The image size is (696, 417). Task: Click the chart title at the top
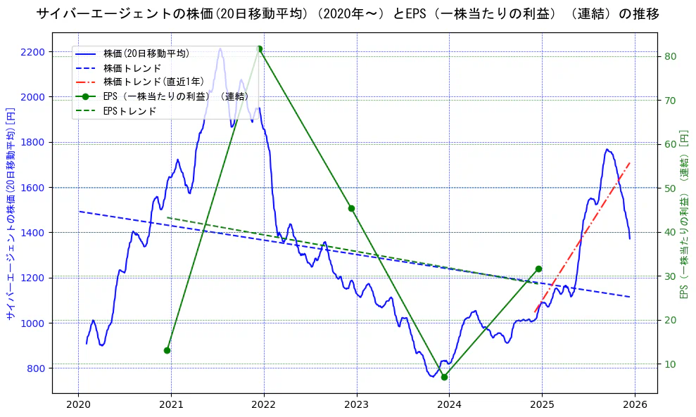pyautogui.click(x=348, y=14)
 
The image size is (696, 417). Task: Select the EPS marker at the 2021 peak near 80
pyautogui.click(x=260, y=49)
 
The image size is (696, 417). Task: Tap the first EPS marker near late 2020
pyautogui.click(x=167, y=350)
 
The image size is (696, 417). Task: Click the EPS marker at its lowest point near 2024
pyautogui.click(x=444, y=377)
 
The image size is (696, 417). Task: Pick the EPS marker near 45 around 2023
pyautogui.click(x=351, y=208)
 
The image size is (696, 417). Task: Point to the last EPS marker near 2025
pyautogui.click(x=538, y=269)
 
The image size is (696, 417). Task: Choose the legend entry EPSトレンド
pyautogui.click(x=129, y=110)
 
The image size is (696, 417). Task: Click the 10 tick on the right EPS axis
pyautogui.click(x=669, y=364)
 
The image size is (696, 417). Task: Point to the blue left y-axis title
pyautogui.click(x=10, y=214)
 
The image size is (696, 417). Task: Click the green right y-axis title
pyautogui.click(x=684, y=214)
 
